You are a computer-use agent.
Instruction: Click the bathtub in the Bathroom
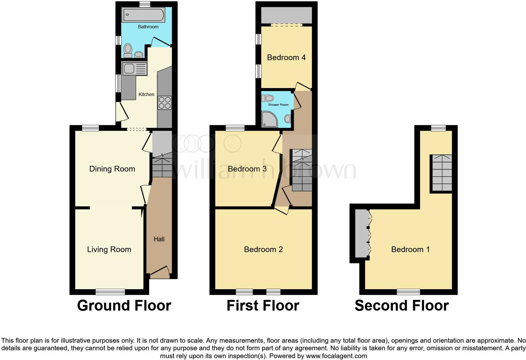pos(143,15)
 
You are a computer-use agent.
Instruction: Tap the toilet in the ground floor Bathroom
pos(128,51)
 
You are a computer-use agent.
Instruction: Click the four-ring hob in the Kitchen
pos(165,103)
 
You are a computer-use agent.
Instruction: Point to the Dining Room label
pos(112,169)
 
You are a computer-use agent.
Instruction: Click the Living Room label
pos(109,250)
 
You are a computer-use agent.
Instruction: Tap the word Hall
pos(159,239)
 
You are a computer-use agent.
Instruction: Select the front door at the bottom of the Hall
pos(160,273)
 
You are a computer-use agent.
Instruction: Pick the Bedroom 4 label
pos(286,58)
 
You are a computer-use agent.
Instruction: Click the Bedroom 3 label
pos(247,169)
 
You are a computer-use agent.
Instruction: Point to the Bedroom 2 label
pos(263,250)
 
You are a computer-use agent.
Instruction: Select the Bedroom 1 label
pos(410,250)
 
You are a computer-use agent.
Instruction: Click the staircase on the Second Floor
pos(442,173)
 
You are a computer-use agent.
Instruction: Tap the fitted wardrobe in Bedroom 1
pos(362,234)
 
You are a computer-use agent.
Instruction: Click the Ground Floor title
pos(124,306)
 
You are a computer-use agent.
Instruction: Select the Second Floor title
pos(401,306)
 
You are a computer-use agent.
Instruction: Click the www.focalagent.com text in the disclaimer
pos(336,356)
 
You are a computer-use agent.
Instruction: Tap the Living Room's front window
pos(110,292)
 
